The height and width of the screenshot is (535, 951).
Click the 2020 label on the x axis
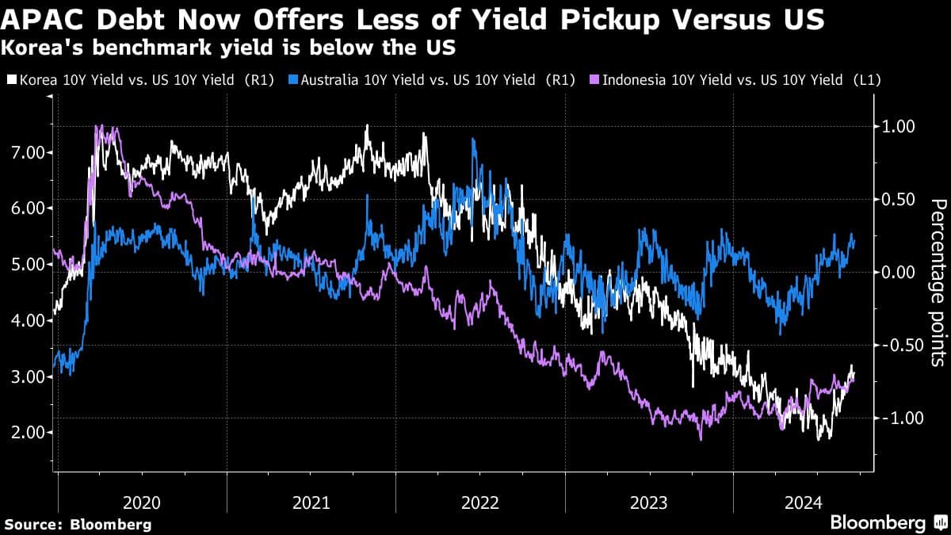[x=143, y=503]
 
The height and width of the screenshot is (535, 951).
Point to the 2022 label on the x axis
[x=480, y=503]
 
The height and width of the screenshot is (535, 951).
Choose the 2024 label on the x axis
[x=802, y=503]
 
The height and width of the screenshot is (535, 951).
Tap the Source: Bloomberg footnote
[x=78, y=524]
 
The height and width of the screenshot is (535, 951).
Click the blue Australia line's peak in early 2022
[x=474, y=140]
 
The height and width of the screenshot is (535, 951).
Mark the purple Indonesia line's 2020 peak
[x=99, y=127]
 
